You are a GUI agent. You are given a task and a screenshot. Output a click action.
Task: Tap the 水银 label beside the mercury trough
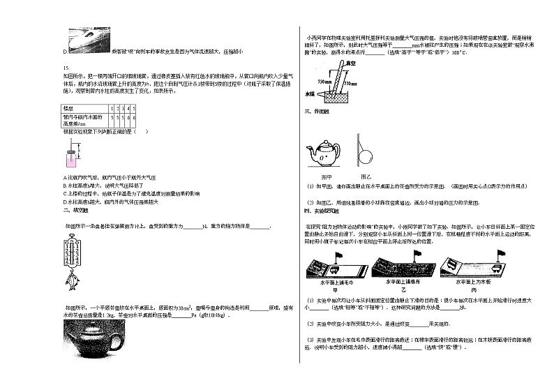click(309, 92)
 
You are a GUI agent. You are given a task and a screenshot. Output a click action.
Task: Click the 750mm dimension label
click(324, 81)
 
